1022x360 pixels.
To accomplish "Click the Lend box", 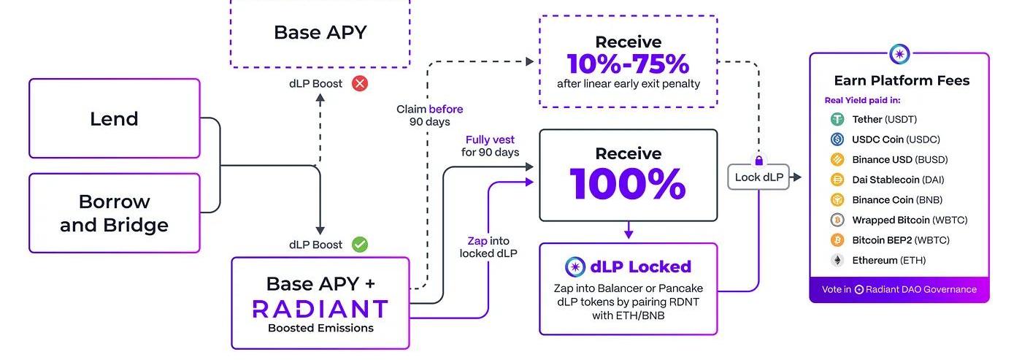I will pos(114,118).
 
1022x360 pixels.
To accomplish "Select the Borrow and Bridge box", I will pos(114,212).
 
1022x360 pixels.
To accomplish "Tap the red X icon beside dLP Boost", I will pos(360,83).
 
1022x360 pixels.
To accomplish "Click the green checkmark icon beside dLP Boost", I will pos(360,244).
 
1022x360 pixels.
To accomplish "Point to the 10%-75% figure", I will pos(628,64).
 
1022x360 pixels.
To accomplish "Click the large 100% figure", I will pos(628,183).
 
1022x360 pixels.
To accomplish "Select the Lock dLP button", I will pos(758,177).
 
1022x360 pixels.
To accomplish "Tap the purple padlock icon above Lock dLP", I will pos(759,160).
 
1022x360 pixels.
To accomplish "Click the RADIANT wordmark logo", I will pos(320,308).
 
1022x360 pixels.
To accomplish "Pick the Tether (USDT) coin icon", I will pos(837,119).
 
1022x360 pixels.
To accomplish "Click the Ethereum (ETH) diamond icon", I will pos(837,260).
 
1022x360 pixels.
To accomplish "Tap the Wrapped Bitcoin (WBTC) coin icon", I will pos(837,220).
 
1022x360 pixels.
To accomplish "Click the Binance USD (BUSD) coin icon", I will pos(837,159).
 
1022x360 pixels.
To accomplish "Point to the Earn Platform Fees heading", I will pos(902,80).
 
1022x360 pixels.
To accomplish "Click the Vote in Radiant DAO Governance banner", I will pos(899,289).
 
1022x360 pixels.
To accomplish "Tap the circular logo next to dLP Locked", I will pos(576,267).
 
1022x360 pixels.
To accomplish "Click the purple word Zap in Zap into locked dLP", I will pos(478,241).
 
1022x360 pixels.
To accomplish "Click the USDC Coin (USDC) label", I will pos(896,139).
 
